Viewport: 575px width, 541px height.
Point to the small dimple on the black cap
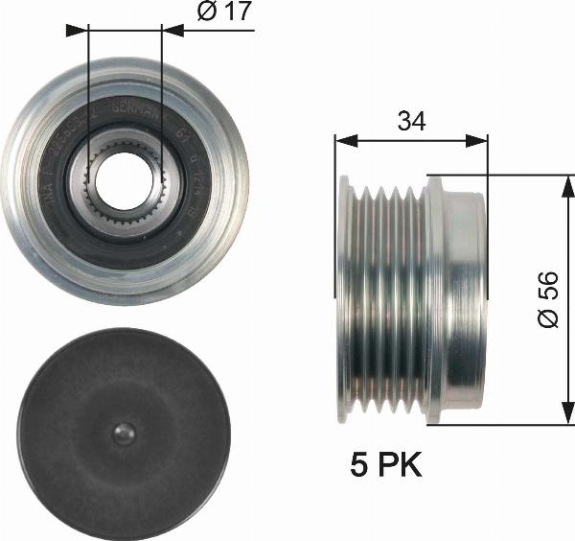(x=123, y=434)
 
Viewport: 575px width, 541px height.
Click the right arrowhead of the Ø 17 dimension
(x=172, y=31)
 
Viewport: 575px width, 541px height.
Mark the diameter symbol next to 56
(x=549, y=320)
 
